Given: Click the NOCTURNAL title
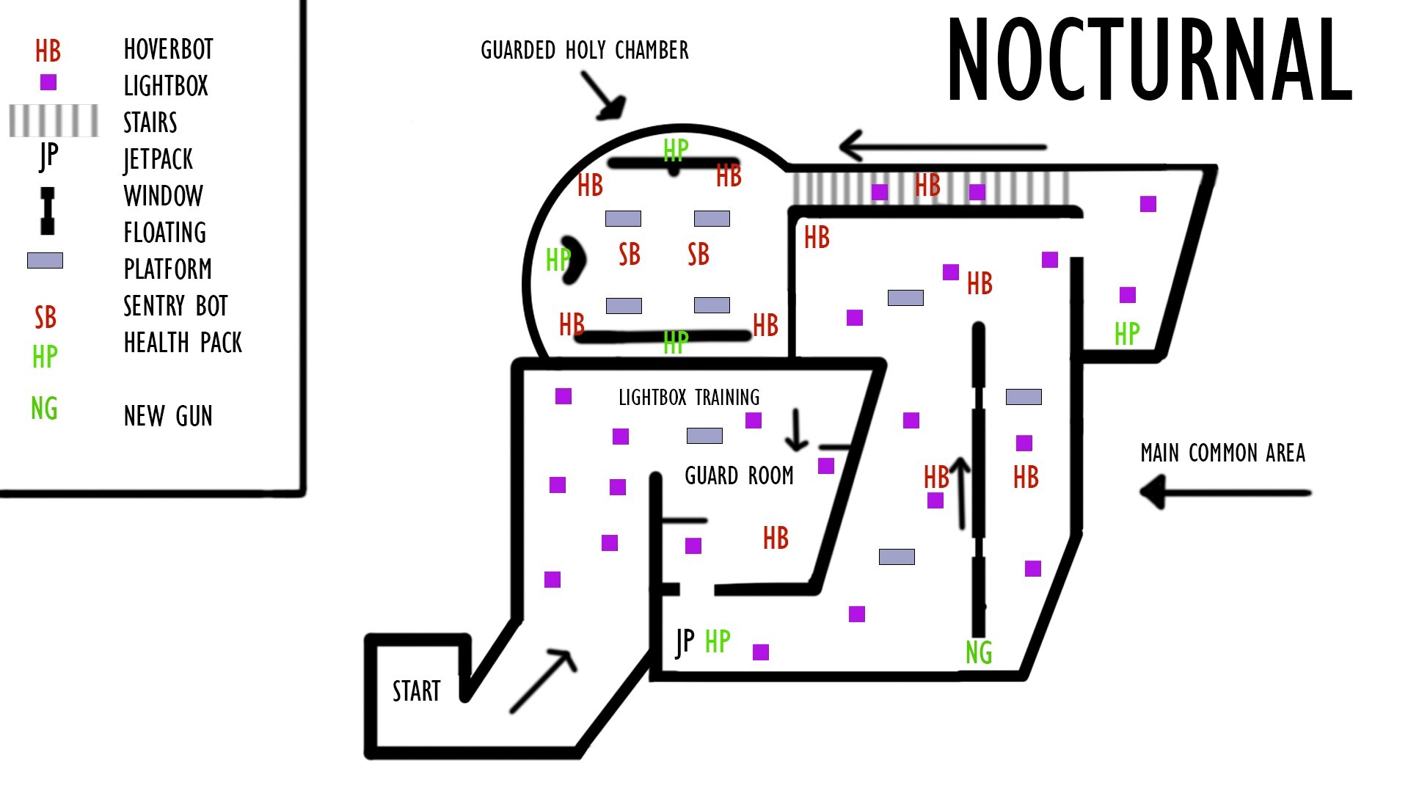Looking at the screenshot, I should [1149, 60].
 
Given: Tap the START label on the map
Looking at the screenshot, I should [416, 691].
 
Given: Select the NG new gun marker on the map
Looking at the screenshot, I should [979, 652].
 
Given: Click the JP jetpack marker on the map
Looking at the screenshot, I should [685, 642].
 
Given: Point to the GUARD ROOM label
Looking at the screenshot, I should [739, 476].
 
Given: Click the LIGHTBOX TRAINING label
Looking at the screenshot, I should [689, 398].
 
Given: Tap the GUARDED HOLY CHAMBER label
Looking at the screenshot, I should [584, 51].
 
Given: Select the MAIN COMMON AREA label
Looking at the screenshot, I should [1222, 453].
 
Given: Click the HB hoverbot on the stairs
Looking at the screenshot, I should [927, 185].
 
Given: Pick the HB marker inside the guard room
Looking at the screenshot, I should [776, 539].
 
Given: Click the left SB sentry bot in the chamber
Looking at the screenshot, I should [630, 255].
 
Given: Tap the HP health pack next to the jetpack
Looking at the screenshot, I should [718, 641].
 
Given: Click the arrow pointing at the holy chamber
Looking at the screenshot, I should [605, 96].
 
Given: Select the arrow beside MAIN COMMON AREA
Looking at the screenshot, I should [1225, 492].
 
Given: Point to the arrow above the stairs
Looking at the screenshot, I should [943, 147].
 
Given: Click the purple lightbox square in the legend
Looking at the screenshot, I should [48, 82].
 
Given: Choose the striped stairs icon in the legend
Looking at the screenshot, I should [54, 121].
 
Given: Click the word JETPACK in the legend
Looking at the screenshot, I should [158, 159].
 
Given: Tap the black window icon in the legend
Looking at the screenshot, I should [48, 211].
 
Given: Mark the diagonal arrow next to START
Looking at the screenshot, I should [544, 680].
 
